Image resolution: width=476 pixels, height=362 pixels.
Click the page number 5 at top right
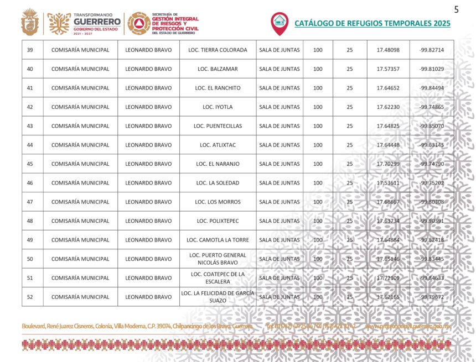(457, 9)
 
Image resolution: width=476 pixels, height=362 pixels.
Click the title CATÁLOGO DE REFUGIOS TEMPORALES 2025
(372, 24)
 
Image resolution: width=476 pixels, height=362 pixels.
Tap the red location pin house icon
(279, 22)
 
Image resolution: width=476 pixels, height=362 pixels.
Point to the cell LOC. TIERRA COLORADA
(218, 50)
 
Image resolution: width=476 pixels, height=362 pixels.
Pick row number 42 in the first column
(30, 107)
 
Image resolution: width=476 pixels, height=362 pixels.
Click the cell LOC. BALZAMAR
(218, 69)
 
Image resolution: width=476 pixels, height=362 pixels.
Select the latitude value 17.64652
(388, 88)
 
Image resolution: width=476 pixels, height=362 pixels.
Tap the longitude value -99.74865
(432, 107)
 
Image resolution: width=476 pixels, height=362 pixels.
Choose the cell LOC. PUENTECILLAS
(218, 126)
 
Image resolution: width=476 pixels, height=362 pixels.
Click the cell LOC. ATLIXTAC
(218, 145)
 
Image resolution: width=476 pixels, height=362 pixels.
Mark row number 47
(30, 202)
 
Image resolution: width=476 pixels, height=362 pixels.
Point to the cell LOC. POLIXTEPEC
(218, 221)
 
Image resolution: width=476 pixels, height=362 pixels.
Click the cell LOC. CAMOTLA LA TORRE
(218, 240)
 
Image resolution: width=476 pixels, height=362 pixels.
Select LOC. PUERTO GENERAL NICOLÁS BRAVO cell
(218, 259)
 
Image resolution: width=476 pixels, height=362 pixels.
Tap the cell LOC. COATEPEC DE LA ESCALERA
(218, 278)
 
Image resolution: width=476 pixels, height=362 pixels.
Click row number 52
(30, 297)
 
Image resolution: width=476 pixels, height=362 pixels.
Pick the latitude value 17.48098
(388, 50)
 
